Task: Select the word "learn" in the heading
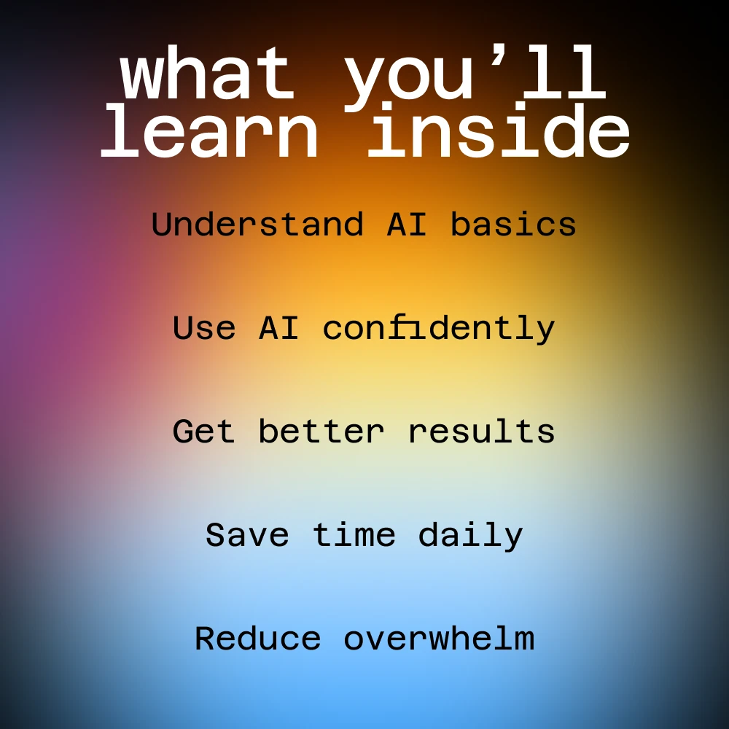pos(210,130)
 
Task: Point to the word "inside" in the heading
pos(499,130)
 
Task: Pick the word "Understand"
pos(257,224)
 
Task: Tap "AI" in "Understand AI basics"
pos(406,224)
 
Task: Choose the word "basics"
pos(513,224)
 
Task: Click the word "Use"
pos(204,328)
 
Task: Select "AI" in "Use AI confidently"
pos(278,328)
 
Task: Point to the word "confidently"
pos(438,329)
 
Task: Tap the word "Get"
pos(203,431)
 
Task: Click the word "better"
pos(321,431)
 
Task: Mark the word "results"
pos(481,431)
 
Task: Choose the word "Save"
pos(247,534)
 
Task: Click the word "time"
pos(354,534)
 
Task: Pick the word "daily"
pos(470,536)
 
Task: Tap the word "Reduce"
pos(257,639)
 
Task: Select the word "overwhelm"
pos(439,639)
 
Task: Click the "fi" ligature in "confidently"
pos(406,327)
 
